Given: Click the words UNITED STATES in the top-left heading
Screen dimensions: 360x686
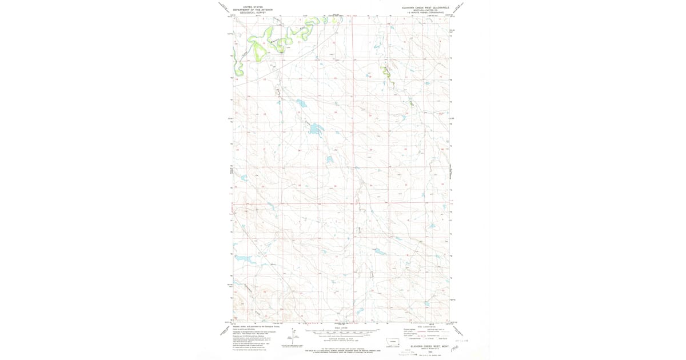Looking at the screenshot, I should click(x=253, y=7).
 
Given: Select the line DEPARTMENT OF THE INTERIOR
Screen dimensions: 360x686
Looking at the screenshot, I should click(x=253, y=10).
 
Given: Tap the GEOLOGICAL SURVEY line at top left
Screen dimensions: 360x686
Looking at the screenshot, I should click(x=253, y=13).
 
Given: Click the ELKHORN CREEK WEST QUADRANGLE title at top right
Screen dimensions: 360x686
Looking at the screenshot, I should click(x=425, y=7).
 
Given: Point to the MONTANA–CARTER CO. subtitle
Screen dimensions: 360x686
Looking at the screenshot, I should click(x=425, y=10).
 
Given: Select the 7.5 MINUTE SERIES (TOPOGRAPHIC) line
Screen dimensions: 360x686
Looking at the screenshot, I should click(x=425, y=13).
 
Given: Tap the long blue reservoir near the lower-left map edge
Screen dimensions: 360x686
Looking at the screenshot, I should click(x=245, y=259).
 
